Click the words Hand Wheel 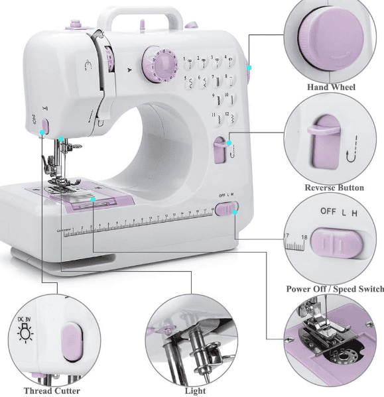tap(331, 87)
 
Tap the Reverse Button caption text tap(334, 188)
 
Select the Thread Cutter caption tap(52, 390)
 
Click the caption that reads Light tap(195, 390)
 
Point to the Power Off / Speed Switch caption tap(335, 289)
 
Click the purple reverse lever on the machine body tap(220, 150)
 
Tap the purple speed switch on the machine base tap(225, 210)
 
